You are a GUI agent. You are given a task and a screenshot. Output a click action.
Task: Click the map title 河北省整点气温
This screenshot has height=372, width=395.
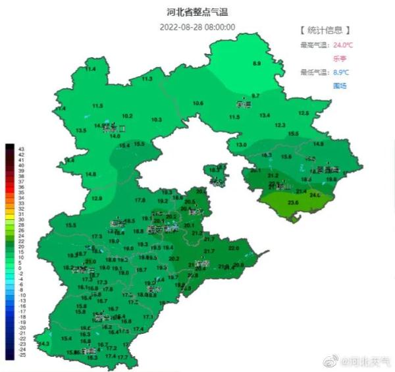tap(198, 12)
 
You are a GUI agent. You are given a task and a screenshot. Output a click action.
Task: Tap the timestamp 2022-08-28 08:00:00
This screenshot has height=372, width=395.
tap(197, 27)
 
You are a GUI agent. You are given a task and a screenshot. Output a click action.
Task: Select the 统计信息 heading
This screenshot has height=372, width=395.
tap(325, 30)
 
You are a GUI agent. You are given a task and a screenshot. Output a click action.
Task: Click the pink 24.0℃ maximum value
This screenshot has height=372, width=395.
tap(343, 45)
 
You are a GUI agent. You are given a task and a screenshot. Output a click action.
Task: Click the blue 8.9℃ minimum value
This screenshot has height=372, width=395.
tap(341, 72)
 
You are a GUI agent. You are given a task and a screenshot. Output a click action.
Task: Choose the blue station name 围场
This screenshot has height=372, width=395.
tap(340, 86)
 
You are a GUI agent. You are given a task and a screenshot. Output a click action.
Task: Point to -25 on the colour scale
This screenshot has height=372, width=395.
tap(22, 356)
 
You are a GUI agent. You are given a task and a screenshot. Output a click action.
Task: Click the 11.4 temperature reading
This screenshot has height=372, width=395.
tap(90, 69)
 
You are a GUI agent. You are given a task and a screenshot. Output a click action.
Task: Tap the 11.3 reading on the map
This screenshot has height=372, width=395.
tap(147, 79)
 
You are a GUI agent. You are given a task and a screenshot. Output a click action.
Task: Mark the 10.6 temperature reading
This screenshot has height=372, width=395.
tap(197, 103)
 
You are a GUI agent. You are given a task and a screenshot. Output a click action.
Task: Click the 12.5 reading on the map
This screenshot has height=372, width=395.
tap(303, 113)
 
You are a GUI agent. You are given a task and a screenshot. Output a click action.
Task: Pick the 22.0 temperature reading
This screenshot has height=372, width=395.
tap(233, 248)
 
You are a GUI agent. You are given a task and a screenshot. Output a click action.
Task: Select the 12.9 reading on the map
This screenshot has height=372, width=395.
tap(97, 198)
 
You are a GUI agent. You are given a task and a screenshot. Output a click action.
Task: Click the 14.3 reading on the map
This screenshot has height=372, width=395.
tap(45, 344)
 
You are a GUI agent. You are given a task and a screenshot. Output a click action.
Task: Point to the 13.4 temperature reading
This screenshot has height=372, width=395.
tap(265, 115)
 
